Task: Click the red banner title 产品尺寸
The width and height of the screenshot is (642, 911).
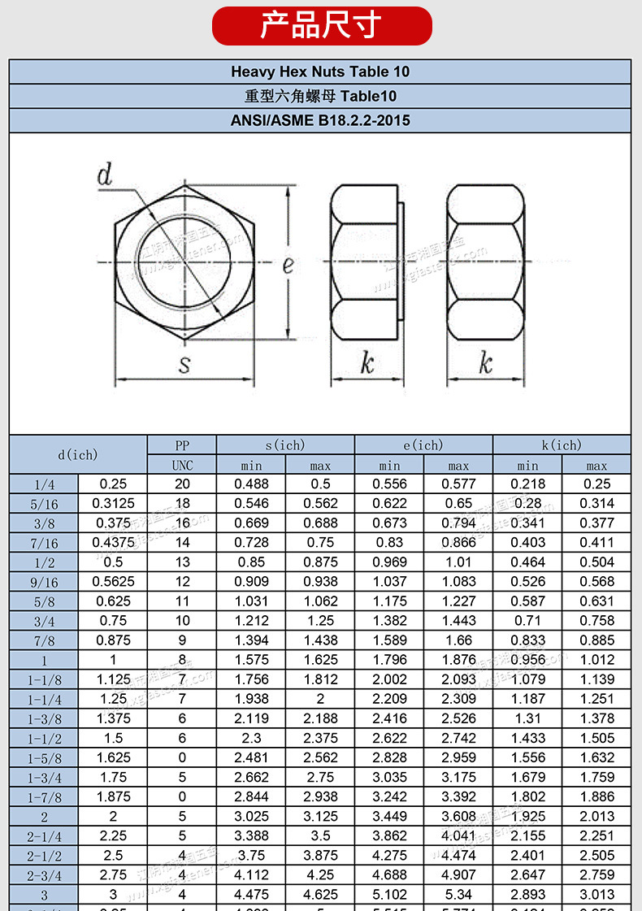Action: point(321,25)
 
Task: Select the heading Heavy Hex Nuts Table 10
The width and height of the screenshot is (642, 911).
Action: point(320,72)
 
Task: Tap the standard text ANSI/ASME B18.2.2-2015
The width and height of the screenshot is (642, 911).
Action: point(320,120)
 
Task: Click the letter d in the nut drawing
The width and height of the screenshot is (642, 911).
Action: point(105,175)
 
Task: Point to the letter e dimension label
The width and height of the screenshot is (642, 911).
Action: point(288,265)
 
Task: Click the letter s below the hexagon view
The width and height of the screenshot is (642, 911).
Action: point(184,364)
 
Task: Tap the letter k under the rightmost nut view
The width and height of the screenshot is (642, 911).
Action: point(485,363)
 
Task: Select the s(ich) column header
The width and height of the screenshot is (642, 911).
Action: point(285,445)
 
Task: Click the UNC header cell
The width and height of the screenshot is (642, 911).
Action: point(182,466)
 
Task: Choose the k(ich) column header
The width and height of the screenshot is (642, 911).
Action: point(562,445)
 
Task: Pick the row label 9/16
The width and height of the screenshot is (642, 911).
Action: point(44,582)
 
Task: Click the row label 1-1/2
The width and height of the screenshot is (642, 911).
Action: point(44,739)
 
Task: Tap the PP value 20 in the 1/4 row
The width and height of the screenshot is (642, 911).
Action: point(182,484)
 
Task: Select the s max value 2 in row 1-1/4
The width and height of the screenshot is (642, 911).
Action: point(320,699)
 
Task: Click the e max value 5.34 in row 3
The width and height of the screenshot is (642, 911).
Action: point(458,895)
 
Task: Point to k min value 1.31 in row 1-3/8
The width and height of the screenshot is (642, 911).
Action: point(527,718)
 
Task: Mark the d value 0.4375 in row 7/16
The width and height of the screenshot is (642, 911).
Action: point(113,542)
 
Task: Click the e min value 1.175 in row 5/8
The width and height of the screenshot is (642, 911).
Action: point(389,601)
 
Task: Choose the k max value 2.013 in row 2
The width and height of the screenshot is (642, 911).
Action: point(596,817)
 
